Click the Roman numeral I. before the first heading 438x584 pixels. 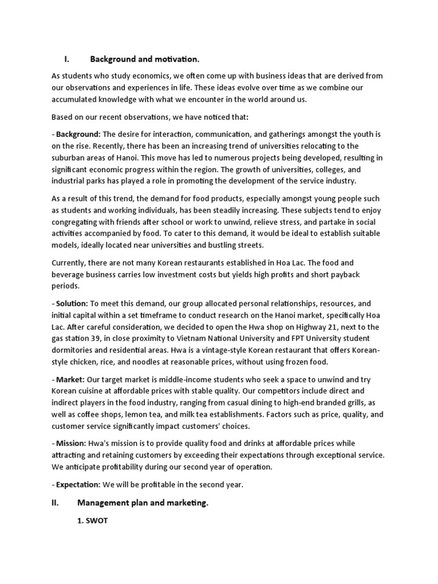66,59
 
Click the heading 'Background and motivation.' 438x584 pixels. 145,59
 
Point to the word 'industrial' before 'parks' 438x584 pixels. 70,181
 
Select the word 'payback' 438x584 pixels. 358,274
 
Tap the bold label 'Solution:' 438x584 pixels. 72,304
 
